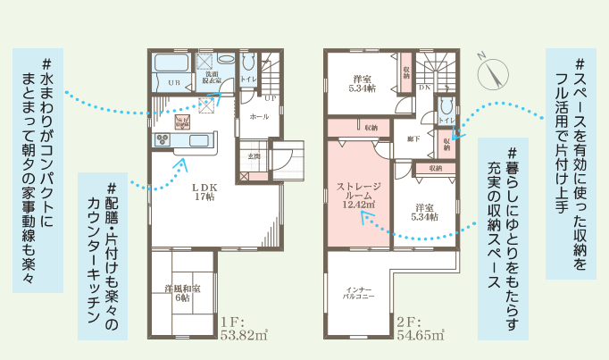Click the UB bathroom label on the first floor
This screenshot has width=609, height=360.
tap(173, 82)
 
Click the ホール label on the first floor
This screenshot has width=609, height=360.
tap(259, 117)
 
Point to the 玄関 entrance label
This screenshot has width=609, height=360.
tap(254, 156)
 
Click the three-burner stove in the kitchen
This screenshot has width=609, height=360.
tap(164, 138)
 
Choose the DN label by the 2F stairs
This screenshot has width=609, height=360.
tap(425, 88)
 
